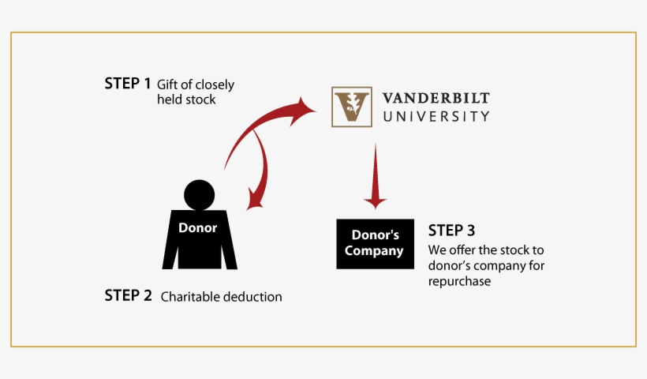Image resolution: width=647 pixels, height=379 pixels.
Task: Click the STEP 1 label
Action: (x=127, y=83)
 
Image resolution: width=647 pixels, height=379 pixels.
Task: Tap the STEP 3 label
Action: (x=451, y=231)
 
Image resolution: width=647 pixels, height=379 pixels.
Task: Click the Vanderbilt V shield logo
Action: (x=351, y=107)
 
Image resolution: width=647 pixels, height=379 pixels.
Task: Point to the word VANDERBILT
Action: (x=436, y=98)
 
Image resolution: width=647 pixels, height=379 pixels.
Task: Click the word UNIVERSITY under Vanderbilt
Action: (x=436, y=116)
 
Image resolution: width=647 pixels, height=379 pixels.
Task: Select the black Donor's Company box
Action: (x=376, y=243)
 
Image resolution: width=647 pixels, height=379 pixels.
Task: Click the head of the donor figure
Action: (x=199, y=194)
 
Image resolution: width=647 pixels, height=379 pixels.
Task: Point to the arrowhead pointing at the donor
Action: (x=254, y=202)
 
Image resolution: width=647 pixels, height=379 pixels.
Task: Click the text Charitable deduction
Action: (x=221, y=297)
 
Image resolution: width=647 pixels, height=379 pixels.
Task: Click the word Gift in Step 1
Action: (x=168, y=84)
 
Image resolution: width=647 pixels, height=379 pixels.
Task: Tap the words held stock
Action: (x=186, y=100)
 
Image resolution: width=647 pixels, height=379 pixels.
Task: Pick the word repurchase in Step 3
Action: (x=460, y=281)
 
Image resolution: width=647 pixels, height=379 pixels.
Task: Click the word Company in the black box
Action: (x=375, y=252)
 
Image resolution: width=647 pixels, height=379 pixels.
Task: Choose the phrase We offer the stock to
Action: (x=486, y=250)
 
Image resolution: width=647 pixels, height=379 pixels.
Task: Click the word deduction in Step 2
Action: (x=251, y=297)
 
